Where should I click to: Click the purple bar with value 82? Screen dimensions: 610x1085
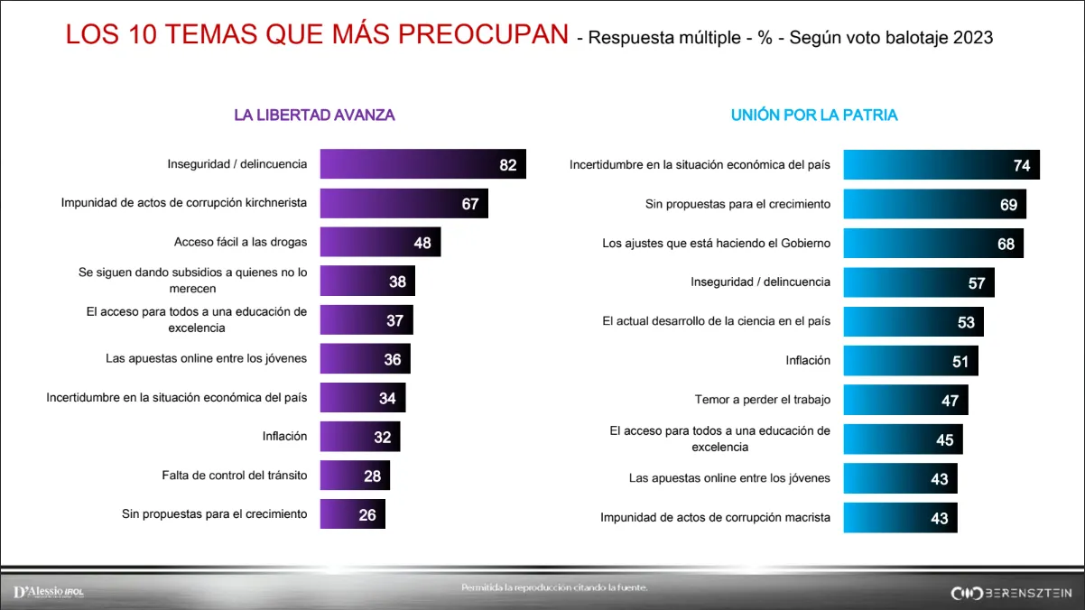coord(422,164)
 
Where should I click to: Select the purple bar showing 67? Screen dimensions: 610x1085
coord(403,203)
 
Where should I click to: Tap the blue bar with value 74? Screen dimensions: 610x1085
coord(941,165)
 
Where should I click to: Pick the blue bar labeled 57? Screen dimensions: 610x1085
coord(919,282)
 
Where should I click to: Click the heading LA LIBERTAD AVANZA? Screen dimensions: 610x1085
coord(314,116)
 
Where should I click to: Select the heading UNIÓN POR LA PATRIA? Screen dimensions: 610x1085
coord(813,116)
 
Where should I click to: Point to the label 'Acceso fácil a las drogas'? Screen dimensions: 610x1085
coord(240,242)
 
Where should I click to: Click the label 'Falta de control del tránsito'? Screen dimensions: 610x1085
coord(234,475)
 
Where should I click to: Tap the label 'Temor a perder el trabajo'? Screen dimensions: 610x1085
coord(762,399)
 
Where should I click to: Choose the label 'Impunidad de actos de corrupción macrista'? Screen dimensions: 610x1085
coord(715,518)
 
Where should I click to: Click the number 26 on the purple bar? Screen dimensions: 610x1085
coord(367,515)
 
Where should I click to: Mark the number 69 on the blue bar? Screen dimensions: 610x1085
coord(1008,205)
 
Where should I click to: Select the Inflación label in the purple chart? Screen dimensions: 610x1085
coord(284,436)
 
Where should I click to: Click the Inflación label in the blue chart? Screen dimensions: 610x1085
coord(808,360)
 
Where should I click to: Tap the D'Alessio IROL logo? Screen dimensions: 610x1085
coord(49,592)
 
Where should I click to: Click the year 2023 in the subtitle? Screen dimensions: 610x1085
coord(972,38)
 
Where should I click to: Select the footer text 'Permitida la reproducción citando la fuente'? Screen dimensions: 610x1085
coord(554,588)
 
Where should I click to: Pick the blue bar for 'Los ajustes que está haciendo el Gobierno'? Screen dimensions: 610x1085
coord(933,244)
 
